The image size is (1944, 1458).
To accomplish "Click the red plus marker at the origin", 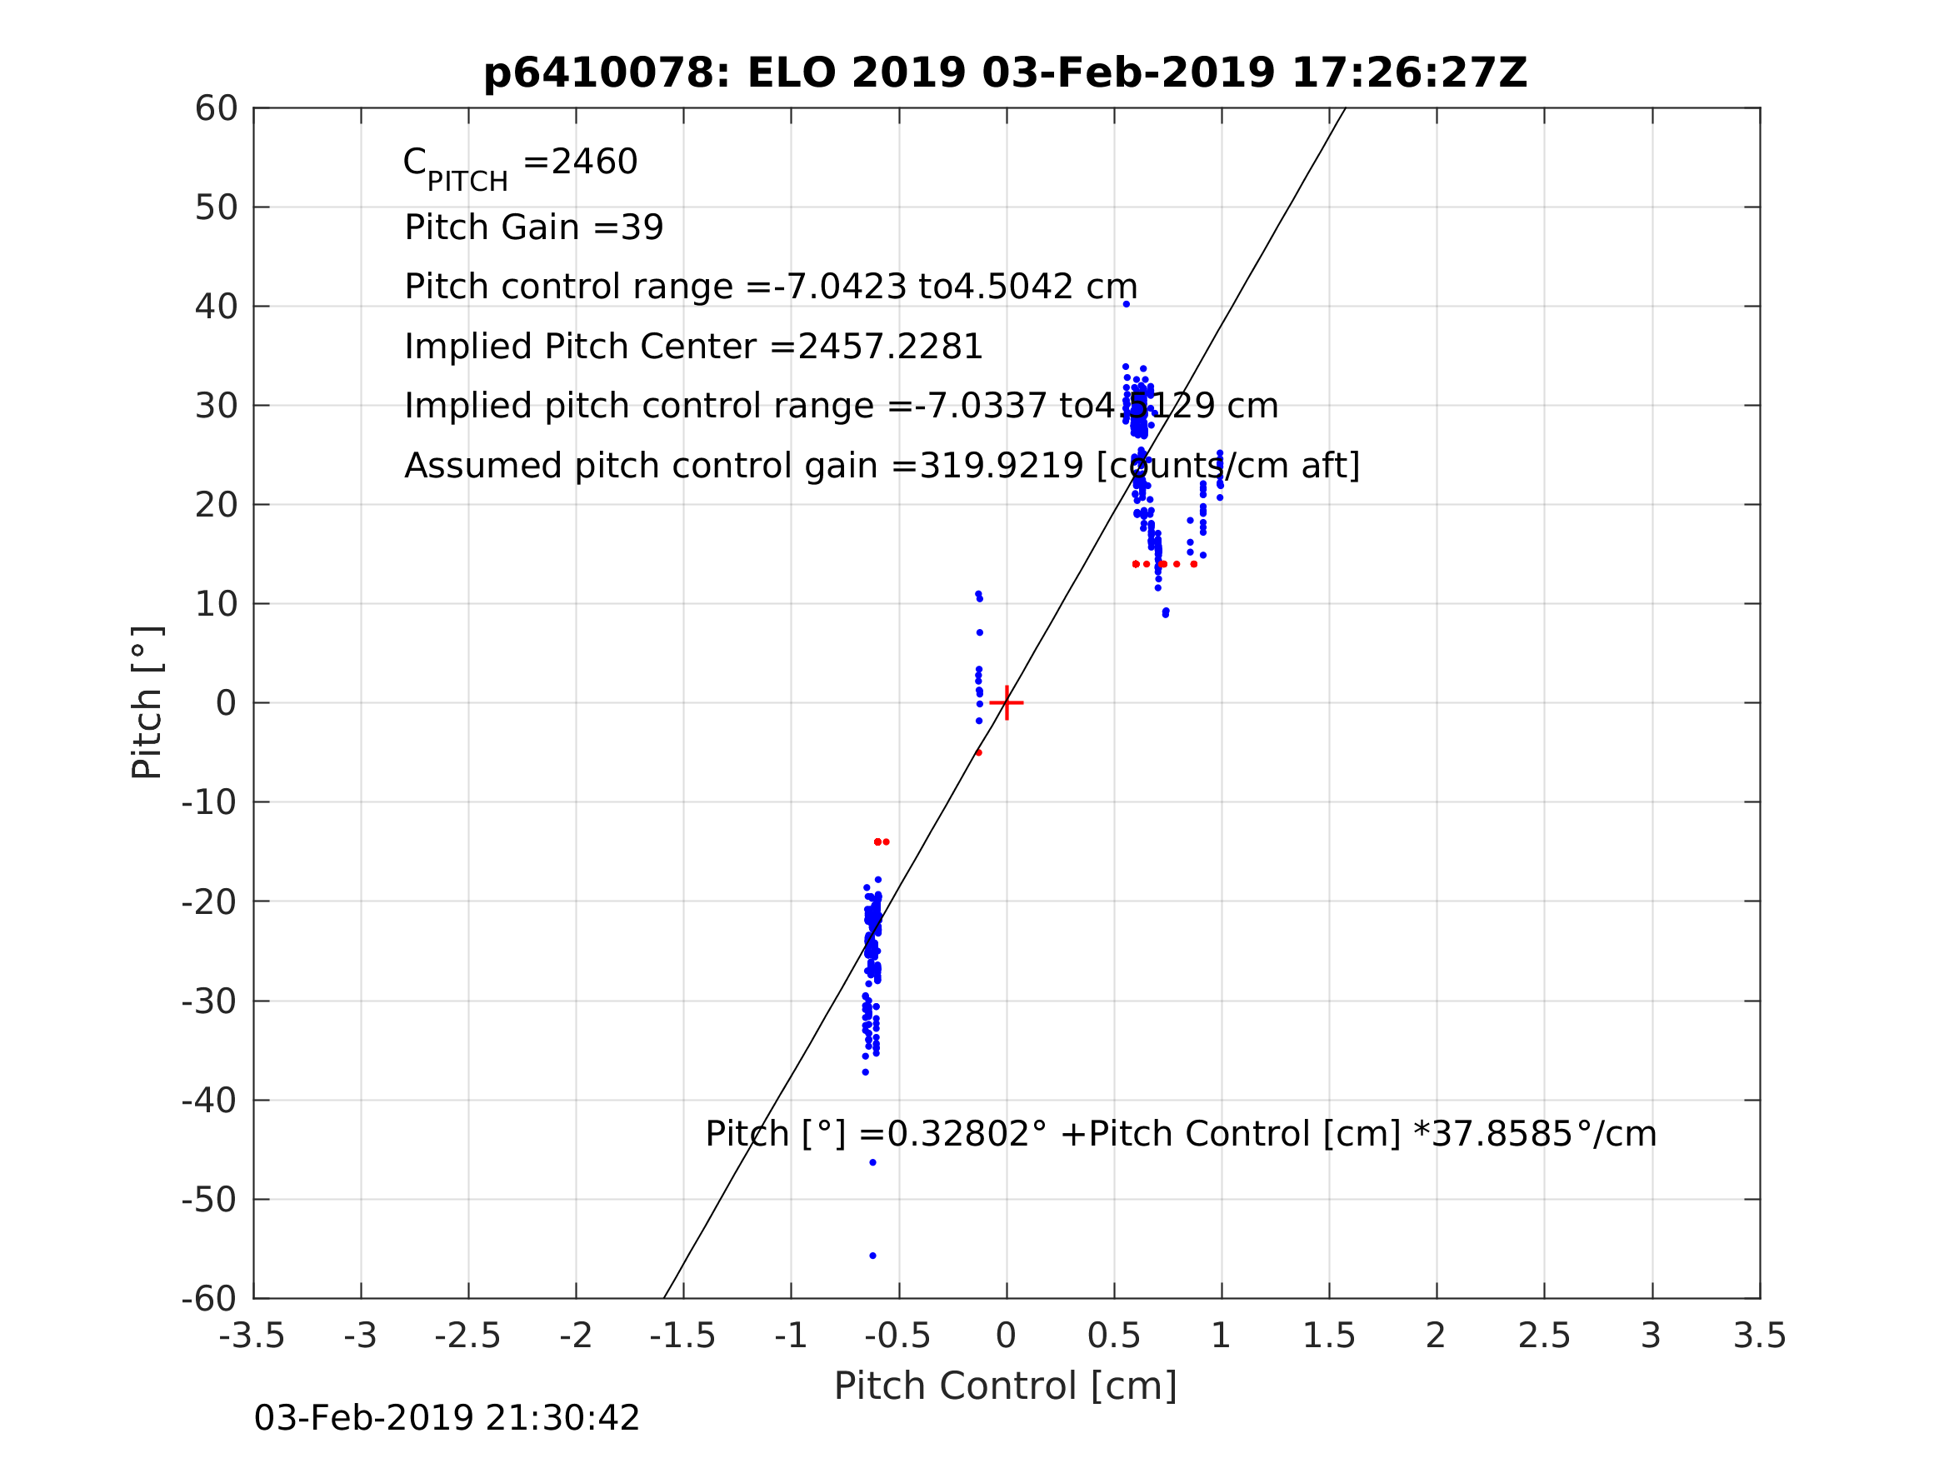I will pos(1007,703).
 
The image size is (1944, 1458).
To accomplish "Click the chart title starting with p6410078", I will pos(1006,73).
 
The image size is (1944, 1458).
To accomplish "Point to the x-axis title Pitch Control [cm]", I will pos(1006,1386).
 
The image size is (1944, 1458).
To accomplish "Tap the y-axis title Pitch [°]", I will pos(147,702).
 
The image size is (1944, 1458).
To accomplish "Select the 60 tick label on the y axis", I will pos(216,109).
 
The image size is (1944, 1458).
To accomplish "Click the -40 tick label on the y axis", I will pos(209,1101).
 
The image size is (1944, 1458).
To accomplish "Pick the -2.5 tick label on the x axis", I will pos(467,1336).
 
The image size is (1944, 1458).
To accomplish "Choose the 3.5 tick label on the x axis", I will pos(1760,1336).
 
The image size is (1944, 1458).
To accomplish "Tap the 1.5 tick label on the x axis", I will pos(1329,1336).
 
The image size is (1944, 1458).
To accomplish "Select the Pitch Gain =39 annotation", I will pos(533,227).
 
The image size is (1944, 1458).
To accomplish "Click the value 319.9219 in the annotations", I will pos(1001,466).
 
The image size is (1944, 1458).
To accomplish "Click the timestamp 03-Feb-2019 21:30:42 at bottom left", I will pos(447,1419).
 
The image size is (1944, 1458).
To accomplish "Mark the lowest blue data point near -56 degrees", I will pos(872,1256).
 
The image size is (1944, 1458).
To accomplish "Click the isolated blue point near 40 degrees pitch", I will pos(1127,304).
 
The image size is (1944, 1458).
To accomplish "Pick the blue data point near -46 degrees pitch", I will pos(872,1163).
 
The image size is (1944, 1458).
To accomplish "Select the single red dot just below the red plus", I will pos(979,753).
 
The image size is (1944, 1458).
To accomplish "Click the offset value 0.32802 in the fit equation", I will pos(958,1135).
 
